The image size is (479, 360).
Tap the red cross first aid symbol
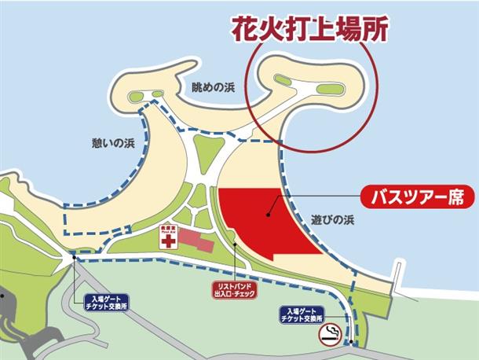click(167, 239)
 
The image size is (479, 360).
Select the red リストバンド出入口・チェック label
click(235, 290)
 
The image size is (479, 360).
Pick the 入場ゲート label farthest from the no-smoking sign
click(105, 300)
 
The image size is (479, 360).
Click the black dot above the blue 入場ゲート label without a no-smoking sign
click(74, 258)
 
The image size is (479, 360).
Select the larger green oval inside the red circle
click(332, 90)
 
